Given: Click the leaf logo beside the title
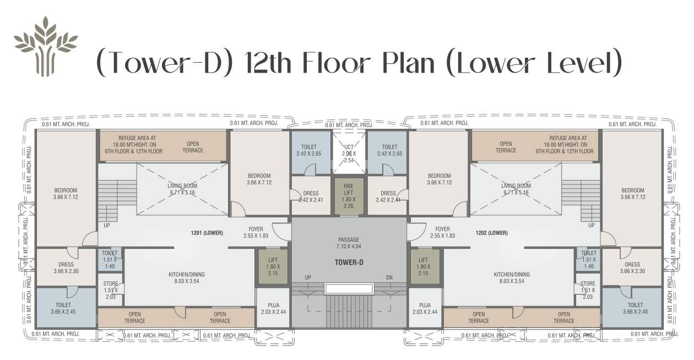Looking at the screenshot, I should point(45,46).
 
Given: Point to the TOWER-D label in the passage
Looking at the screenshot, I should point(349,262).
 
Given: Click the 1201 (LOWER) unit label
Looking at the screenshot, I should point(207,233).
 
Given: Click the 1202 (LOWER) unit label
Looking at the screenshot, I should point(491,233).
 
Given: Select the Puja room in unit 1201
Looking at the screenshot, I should point(273,308).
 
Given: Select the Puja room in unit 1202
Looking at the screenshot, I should point(425,308).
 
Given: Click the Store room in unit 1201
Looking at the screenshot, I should point(111,290).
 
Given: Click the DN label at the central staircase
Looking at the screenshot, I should point(389,277).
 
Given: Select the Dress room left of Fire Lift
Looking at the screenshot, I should point(310,196).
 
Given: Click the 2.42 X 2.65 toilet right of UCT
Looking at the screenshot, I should point(389,150).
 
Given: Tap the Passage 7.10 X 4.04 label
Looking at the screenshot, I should point(349,243).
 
